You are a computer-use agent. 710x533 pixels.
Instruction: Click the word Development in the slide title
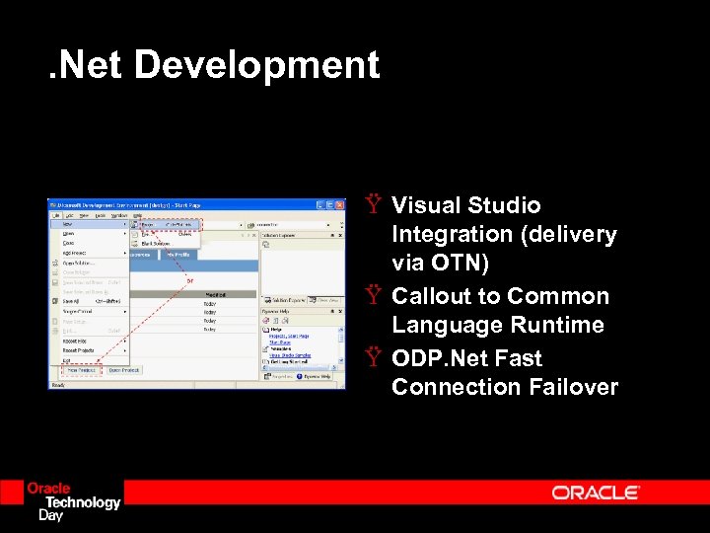click(x=256, y=65)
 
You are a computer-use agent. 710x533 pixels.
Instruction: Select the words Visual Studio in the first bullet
click(x=465, y=205)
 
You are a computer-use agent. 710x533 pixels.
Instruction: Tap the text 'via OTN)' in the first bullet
click(x=440, y=264)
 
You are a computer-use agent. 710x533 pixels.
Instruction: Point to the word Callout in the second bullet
click(x=430, y=296)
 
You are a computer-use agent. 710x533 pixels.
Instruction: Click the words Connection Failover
click(x=504, y=386)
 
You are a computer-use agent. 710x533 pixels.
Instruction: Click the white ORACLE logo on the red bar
click(x=596, y=493)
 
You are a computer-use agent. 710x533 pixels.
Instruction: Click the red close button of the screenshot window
click(x=340, y=205)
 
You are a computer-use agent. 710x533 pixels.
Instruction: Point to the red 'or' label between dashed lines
click(x=191, y=280)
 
